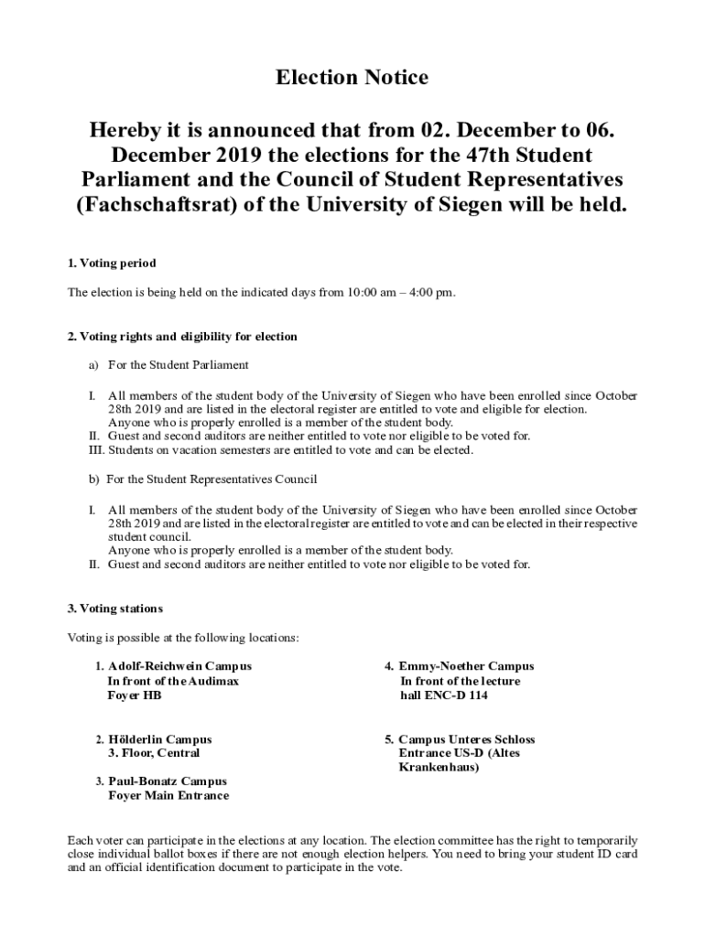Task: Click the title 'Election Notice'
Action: pyautogui.click(x=352, y=78)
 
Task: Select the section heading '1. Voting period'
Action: pyautogui.click(x=112, y=264)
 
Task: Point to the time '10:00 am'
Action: pyautogui.click(x=373, y=293)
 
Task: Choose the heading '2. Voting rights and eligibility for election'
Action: pyautogui.click(x=182, y=337)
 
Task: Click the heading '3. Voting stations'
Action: pyautogui.click(x=115, y=609)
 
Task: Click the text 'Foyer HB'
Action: pyautogui.click(x=135, y=695)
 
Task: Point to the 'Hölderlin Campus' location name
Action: pyautogui.click(x=160, y=739)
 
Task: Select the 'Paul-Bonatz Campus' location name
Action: pyautogui.click(x=168, y=781)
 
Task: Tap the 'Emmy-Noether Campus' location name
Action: pyautogui.click(x=466, y=666)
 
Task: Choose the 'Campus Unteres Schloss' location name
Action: pyautogui.click(x=466, y=739)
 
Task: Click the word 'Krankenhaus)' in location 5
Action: pyautogui.click(x=439, y=768)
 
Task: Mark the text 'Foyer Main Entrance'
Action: pyautogui.click(x=168, y=796)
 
